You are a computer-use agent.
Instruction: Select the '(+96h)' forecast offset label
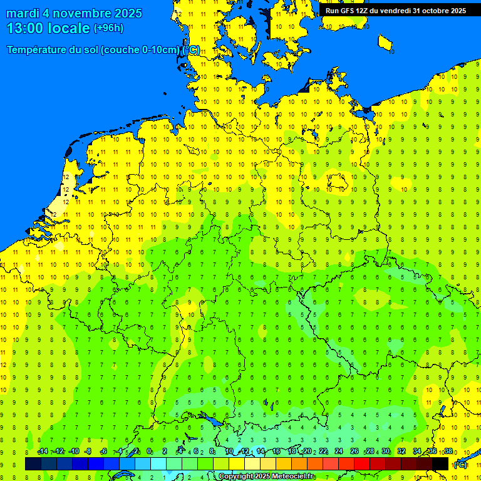pos(108,28)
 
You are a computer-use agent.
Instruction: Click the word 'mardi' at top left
pos(23,13)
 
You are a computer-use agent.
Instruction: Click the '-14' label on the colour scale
pos(43,452)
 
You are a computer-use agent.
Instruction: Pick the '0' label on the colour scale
pos(149,452)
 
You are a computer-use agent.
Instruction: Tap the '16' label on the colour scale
pos(276,452)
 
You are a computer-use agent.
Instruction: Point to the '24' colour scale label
pos(339,452)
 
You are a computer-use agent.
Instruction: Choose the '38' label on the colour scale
pos(448,452)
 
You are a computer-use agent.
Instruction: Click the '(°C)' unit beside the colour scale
pos(460,465)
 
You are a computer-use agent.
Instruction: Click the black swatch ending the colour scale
pos(440,463)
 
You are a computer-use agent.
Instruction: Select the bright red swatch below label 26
pos(362,463)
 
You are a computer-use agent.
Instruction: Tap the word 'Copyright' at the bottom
pos(236,477)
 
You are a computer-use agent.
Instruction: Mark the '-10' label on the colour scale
pos(74,452)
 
